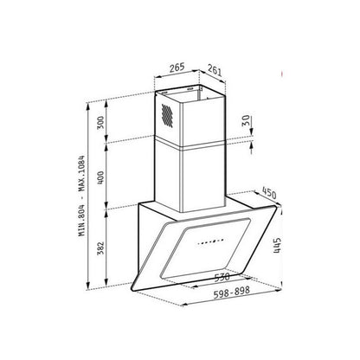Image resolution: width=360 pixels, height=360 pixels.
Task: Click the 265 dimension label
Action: click(177, 67)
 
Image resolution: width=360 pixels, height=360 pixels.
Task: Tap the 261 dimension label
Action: click(215, 70)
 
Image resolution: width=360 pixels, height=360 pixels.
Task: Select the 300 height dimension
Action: click(100, 123)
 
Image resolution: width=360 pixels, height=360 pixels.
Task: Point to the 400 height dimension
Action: click(100, 178)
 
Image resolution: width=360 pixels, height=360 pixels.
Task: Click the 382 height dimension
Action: click(100, 247)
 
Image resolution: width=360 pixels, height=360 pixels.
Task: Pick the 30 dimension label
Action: click(246, 120)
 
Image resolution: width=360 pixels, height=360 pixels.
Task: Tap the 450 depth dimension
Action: click(269, 193)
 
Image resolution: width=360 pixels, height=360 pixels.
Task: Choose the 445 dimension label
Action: click(277, 246)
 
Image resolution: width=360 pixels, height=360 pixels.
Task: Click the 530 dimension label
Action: click(222, 277)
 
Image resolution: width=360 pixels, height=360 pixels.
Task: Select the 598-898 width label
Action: click(231, 292)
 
